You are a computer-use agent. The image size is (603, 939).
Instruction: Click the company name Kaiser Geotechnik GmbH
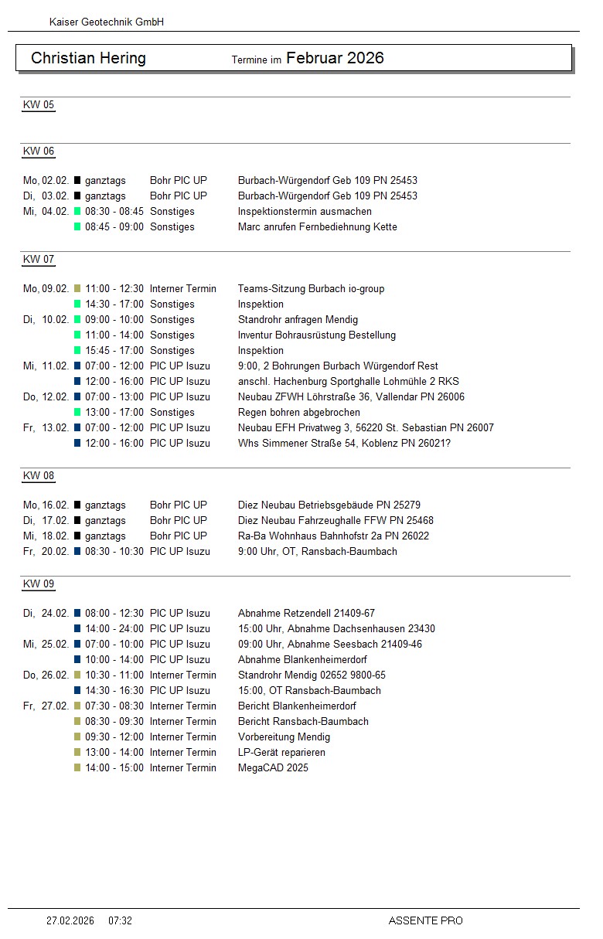pyautogui.click(x=106, y=22)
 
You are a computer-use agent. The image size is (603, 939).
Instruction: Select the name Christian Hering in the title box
pyautogui.click(x=88, y=59)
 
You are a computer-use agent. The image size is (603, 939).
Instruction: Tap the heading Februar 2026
pyautogui.click(x=335, y=58)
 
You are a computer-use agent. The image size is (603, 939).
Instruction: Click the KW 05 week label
pyautogui.click(x=39, y=105)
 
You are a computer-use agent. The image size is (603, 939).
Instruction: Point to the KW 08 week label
pyautogui.click(x=39, y=476)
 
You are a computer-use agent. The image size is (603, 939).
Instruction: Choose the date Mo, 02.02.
pyautogui.click(x=46, y=181)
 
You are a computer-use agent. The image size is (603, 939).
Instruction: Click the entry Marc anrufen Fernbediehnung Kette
pyautogui.click(x=317, y=227)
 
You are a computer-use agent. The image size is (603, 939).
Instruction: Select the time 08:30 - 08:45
pyautogui.click(x=114, y=212)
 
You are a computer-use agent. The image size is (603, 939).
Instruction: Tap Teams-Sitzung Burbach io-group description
pyautogui.click(x=311, y=289)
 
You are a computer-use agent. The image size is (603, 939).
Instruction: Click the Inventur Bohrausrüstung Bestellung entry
pyautogui.click(x=316, y=335)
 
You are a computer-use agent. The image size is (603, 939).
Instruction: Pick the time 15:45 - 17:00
pyautogui.click(x=114, y=351)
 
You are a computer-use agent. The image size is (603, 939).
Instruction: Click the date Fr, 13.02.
pyautogui.click(x=46, y=428)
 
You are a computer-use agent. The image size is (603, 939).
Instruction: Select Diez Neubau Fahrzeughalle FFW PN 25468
pyautogui.click(x=336, y=521)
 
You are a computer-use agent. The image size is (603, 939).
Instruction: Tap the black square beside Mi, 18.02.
pyautogui.click(x=77, y=536)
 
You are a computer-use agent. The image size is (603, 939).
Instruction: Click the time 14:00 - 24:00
pyautogui.click(x=114, y=629)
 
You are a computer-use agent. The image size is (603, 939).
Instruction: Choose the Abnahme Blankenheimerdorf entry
pyautogui.click(x=302, y=660)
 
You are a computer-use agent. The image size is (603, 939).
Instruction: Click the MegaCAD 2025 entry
pyautogui.click(x=273, y=768)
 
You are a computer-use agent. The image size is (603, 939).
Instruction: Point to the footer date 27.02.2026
pyautogui.click(x=70, y=920)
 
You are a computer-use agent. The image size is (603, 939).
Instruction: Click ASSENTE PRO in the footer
pyautogui.click(x=425, y=920)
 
